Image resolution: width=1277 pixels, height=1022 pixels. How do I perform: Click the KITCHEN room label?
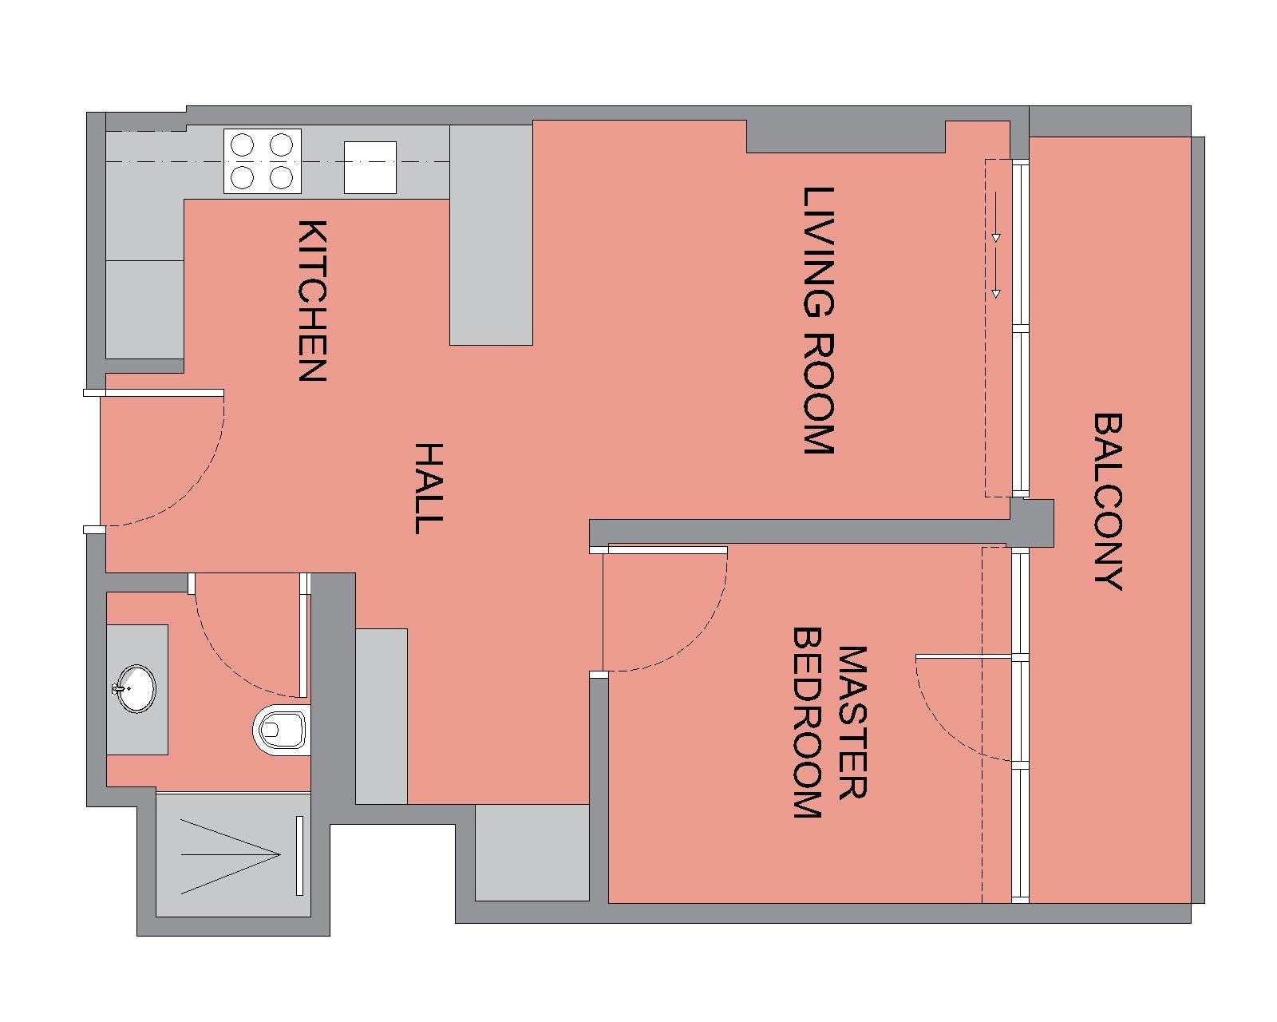(311, 300)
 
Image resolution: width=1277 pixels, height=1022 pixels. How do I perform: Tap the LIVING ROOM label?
(819, 321)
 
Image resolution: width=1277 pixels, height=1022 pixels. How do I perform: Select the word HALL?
(429, 488)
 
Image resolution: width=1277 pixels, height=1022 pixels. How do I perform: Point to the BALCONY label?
(1108, 501)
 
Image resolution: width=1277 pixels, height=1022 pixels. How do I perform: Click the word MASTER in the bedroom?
(852, 722)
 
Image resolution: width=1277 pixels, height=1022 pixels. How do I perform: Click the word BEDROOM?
(808, 723)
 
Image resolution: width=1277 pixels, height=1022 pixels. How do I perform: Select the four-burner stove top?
(263, 161)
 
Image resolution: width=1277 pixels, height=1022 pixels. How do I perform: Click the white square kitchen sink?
(370, 168)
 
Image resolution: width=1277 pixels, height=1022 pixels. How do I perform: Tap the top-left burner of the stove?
(242, 145)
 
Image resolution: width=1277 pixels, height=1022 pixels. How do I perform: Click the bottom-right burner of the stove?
(281, 177)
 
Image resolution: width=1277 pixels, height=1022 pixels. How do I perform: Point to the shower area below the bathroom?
(233, 854)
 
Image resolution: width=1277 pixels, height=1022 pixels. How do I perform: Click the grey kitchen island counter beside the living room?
(491, 235)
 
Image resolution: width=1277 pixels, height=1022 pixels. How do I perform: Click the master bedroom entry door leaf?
(667, 550)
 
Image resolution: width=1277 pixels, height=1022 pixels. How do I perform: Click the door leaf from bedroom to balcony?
(963, 656)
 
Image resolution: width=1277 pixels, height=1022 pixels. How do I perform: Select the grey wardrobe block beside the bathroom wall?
(381, 716)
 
